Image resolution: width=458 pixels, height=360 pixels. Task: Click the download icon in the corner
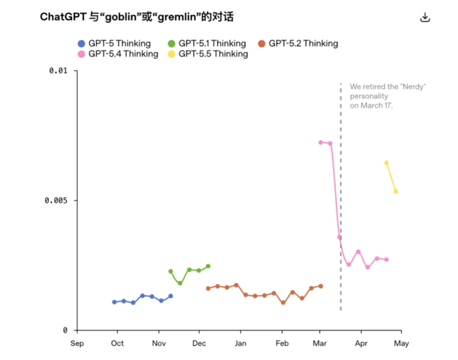coord(425,17)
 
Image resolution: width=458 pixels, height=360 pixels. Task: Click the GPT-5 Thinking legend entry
coord(114,44)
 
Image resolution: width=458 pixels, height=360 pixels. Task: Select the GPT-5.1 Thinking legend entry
coord(207,44)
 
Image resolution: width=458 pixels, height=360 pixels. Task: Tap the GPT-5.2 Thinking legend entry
coord(298,44)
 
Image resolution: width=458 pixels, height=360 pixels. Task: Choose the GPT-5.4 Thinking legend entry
coord(118,54)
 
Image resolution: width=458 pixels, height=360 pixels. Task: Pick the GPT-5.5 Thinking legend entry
coord(208,54)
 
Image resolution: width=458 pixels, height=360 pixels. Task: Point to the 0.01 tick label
coord(58,71)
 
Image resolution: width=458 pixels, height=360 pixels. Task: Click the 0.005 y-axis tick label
coord(56,200)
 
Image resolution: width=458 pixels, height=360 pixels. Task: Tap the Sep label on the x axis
coord(77,344)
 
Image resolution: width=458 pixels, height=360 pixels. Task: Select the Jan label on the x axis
coord(240,344)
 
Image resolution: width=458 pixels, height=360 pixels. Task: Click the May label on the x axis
coord(401,344)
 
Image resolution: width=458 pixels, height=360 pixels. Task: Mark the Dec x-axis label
coord(199,344)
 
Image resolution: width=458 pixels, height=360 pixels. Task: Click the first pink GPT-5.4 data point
coord(321,142)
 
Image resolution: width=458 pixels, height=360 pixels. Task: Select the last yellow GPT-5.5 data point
coord(396,191)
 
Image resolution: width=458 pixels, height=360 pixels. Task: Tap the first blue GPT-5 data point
coord(114,302)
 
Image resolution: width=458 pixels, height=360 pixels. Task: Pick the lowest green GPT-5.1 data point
coord(180,283)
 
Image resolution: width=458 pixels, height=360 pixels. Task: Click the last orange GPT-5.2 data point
coord(321,286)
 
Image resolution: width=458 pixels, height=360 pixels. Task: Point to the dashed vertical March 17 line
coord(341,196)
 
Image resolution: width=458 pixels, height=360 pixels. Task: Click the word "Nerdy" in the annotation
coord(414,87)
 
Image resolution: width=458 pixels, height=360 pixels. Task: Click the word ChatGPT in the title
coord(63,17)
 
